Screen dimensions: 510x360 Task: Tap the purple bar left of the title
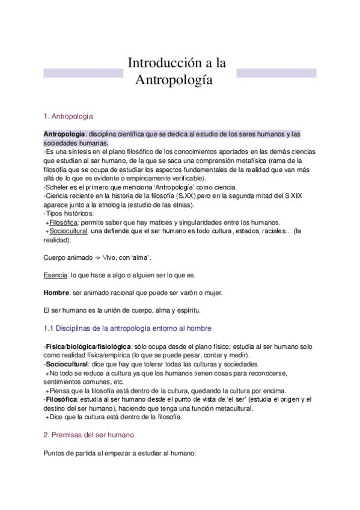(x=84, y=73)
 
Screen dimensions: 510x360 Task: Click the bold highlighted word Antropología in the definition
(x=65, y=134)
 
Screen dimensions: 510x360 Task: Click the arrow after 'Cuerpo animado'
(x=94, y=257)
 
